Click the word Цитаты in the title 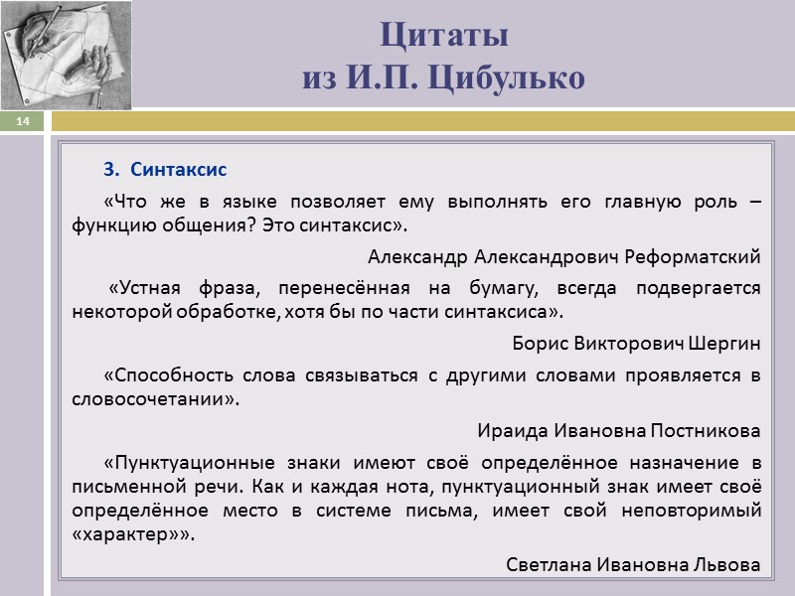point(444,36)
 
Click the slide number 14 point(23,121)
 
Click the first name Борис point(537,344)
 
